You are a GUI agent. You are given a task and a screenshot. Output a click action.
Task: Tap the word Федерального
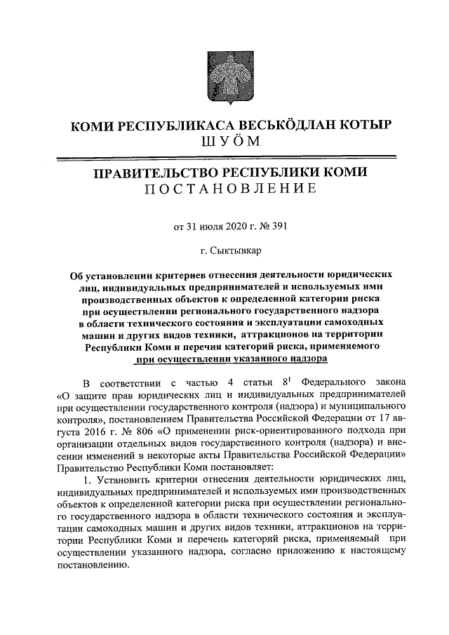tap(333, 382)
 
